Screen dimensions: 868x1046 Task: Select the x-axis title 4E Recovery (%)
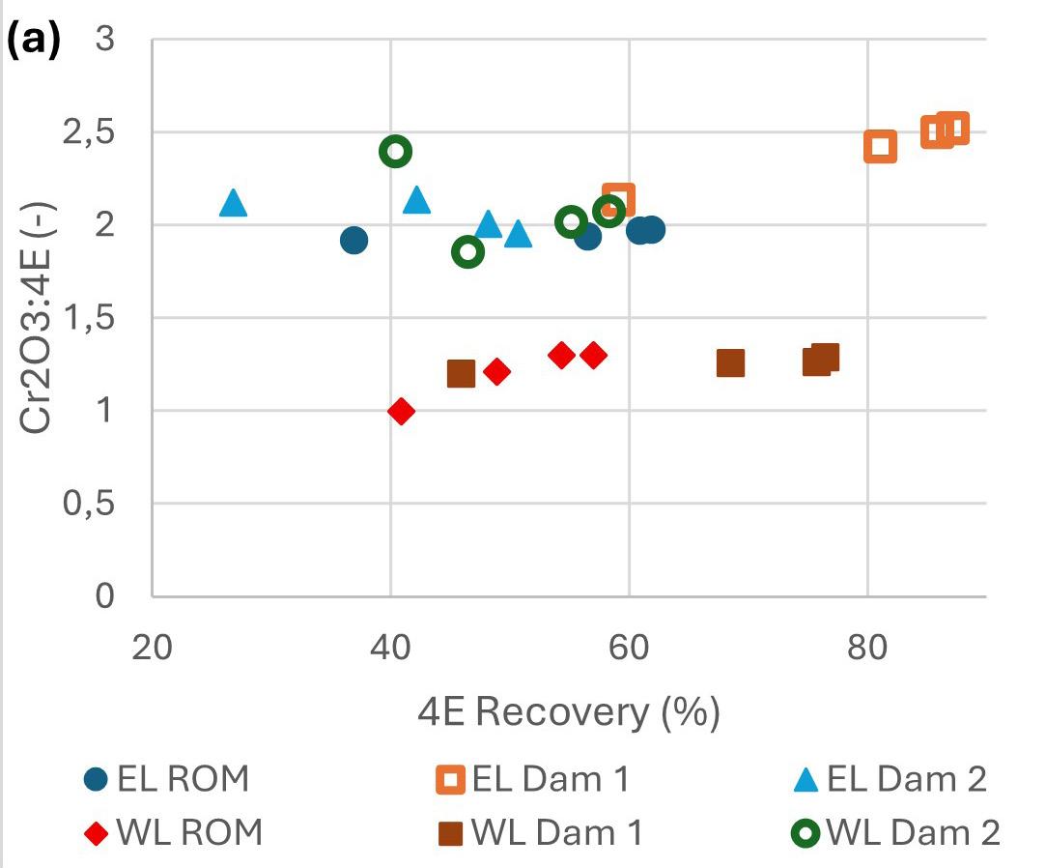point(569,712)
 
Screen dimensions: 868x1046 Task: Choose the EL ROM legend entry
point(166,779)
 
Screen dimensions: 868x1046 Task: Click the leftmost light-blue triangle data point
point(233,203)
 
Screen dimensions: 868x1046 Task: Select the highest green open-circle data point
point(396,151)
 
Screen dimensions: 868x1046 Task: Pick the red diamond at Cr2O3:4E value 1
point(402,411)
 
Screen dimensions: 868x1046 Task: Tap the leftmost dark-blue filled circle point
point(353,240)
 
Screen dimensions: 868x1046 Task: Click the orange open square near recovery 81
point(880,147)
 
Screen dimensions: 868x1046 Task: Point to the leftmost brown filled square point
point(462,373)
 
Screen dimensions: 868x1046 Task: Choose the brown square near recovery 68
point(730,363)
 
